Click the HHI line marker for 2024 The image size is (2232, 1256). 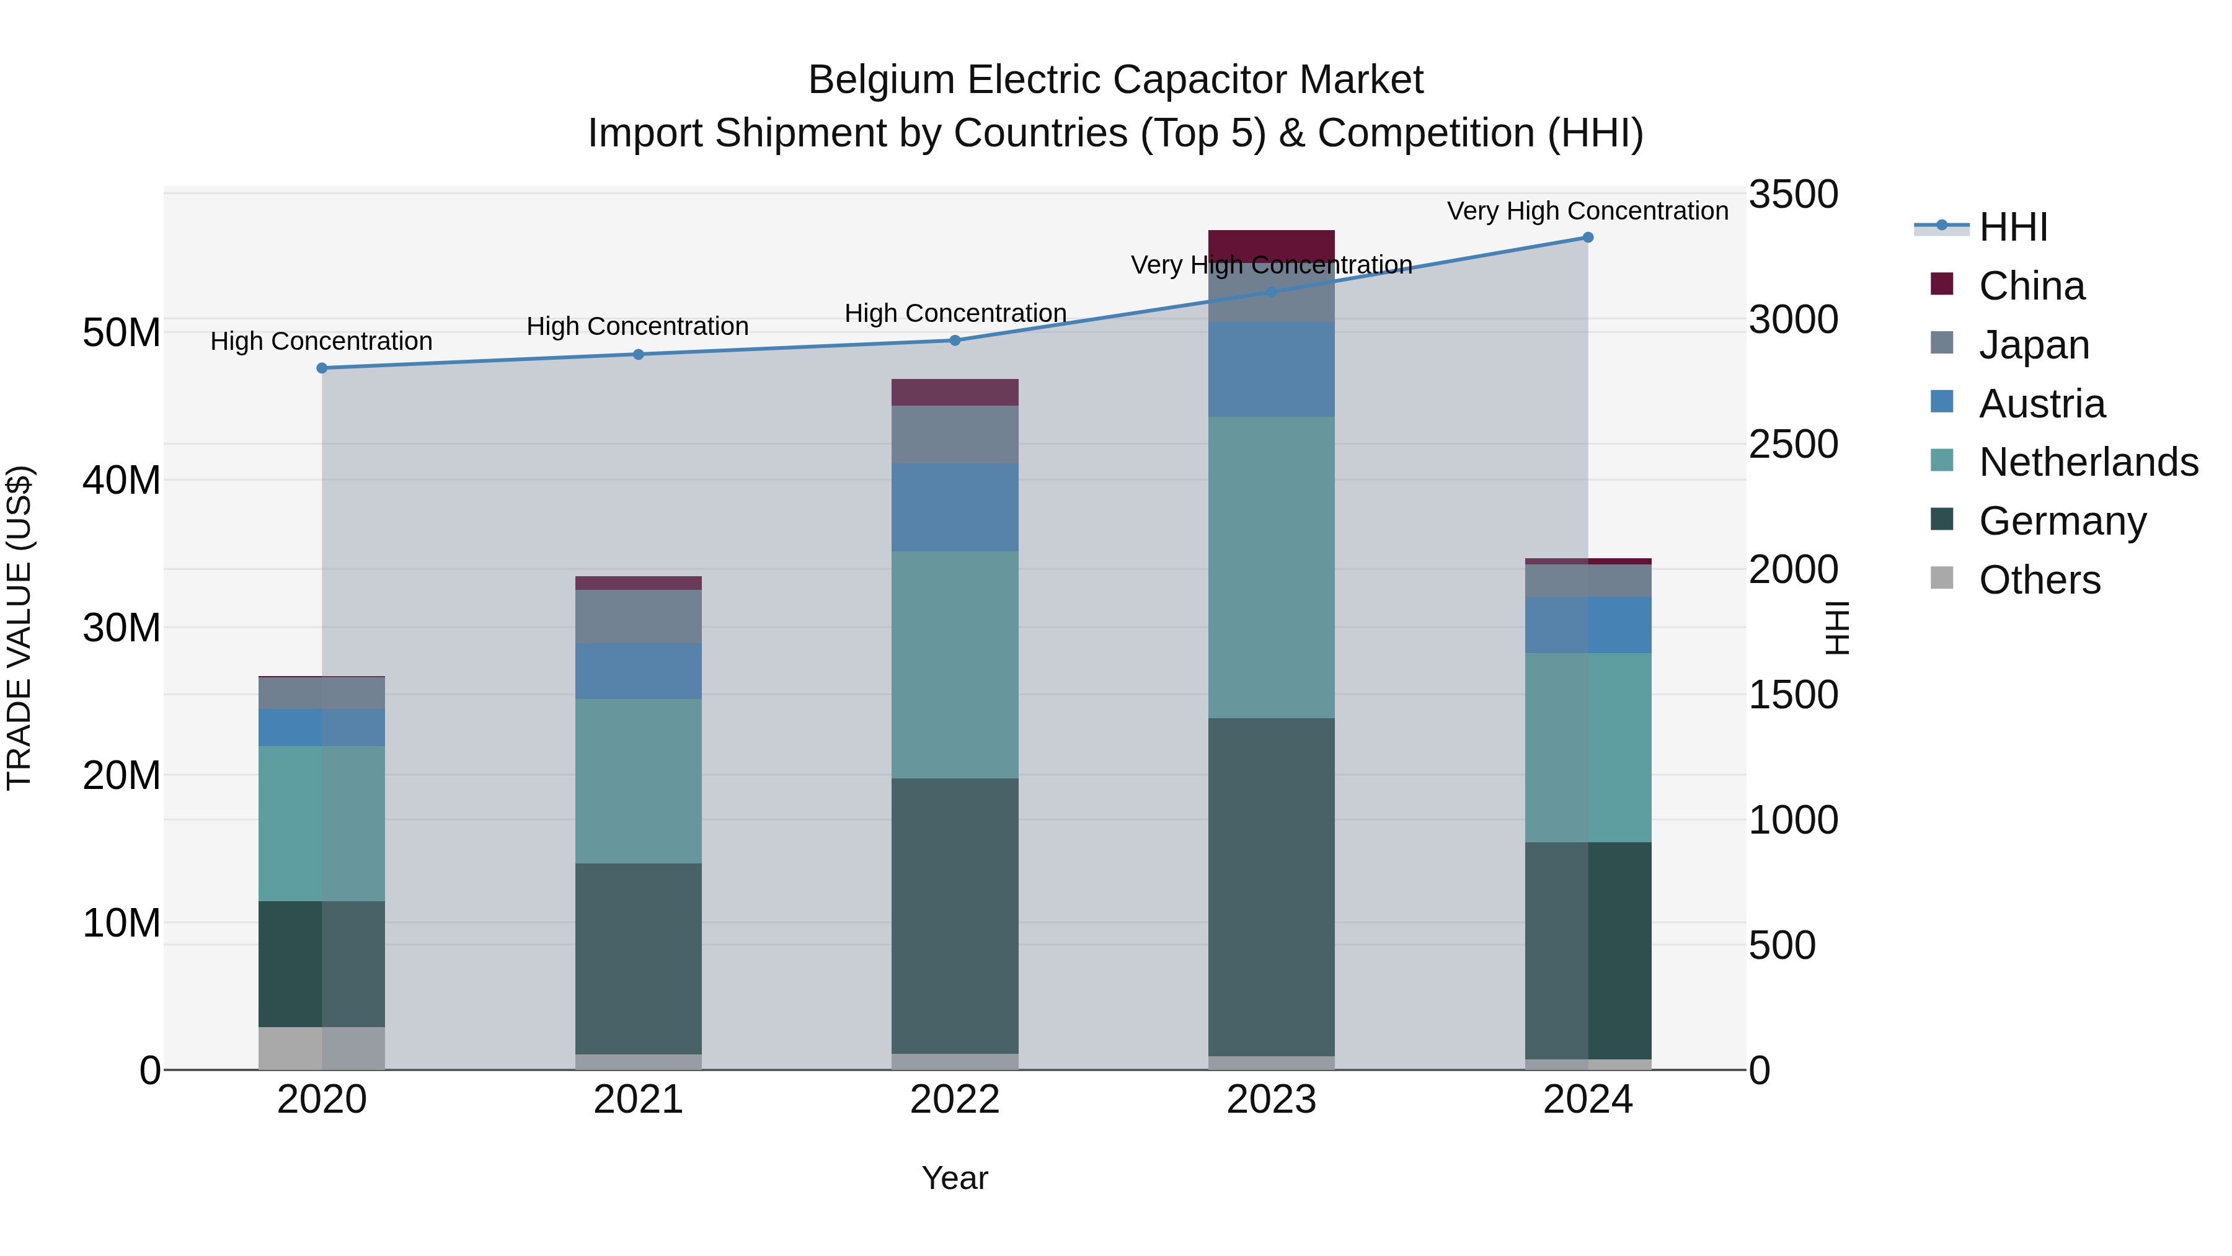(x=1587, y=238)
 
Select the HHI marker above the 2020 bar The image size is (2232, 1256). (x=322, y=368)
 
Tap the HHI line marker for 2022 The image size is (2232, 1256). (x=955, y=341)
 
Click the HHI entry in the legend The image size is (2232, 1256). (x=2013, y=227)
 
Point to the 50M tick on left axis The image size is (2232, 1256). (x=122, y=333)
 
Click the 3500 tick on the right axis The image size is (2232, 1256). (x=1792, y=194)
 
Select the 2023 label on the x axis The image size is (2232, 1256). (x=1271, y=1100)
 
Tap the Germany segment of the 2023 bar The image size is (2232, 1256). (x=1271, y=884)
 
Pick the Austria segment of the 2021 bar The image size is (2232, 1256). (x=639, y=672)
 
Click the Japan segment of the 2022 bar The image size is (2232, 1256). (x=955, y=434)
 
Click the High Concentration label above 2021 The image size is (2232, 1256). (x=638, y=327)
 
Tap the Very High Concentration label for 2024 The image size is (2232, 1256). (x=1587, y=212)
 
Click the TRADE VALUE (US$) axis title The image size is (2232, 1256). (x=19, y=628)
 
